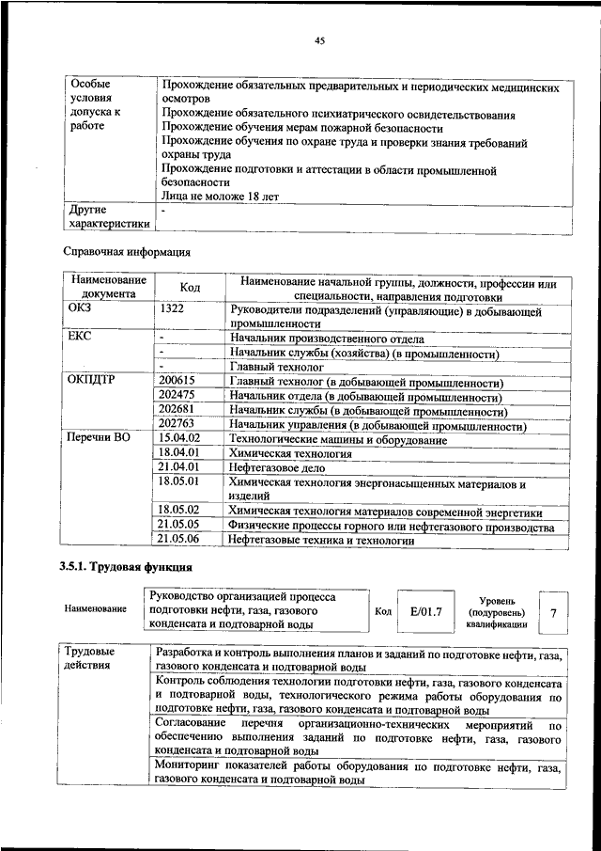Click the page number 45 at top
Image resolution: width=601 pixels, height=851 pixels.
click(x=319, y=40)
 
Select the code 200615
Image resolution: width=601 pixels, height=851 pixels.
click(x=177, y=382)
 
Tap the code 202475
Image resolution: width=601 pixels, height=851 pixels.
click(x=177, y=396)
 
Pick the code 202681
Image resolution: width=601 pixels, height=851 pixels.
click(x=177, y=410)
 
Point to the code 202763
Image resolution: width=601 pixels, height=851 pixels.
click(x=177, y=425)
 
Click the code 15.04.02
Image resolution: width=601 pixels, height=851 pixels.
click(x=180, y=438)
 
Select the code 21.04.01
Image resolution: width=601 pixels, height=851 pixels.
click(x=180, y=466)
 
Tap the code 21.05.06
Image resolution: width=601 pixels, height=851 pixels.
click(x=180, y=539)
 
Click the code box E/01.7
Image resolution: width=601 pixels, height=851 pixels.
click(x=425, y=612)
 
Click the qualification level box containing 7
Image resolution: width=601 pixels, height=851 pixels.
click(x=553, y=612)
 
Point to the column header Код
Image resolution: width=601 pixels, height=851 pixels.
click(x=189, y=287)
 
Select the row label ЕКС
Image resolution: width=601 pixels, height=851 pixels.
click(x=81, y=338)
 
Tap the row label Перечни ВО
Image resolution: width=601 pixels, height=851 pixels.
click(x=98, y=438)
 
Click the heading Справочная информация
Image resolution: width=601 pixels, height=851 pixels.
click(x=127, y=252)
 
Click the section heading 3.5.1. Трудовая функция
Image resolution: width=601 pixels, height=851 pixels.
click(x=128, y=568)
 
